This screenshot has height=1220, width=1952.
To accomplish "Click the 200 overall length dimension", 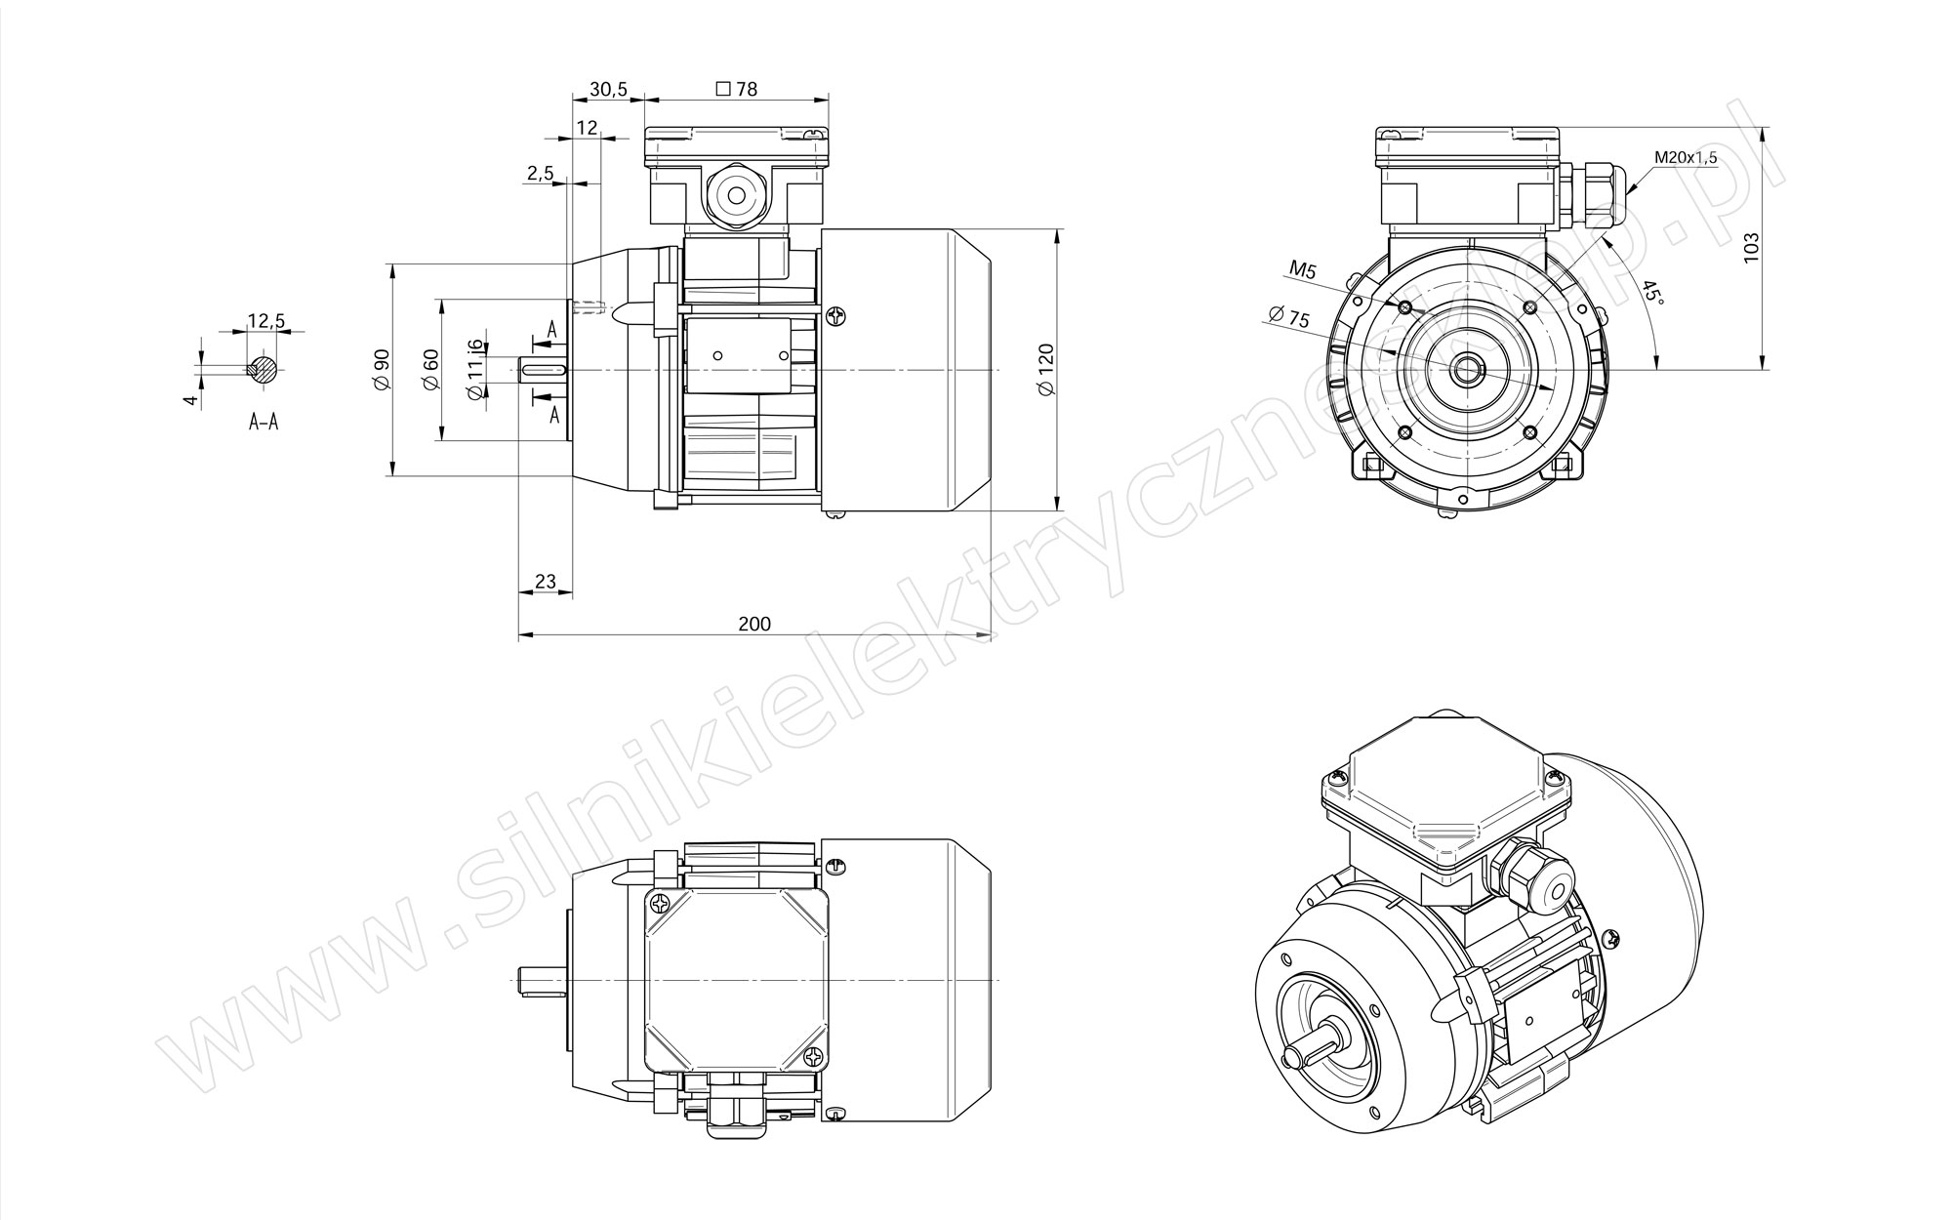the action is (x=754, y=624).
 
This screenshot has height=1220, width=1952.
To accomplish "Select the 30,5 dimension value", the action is (x=608, y=89).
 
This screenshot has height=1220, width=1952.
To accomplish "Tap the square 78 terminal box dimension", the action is (x=737, y=89).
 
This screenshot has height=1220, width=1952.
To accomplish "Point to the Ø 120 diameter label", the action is (x=1046, y=369).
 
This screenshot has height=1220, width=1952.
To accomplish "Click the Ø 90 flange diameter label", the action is (x=381, y=370).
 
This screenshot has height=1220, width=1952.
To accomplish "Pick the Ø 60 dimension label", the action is (x=431, y=370).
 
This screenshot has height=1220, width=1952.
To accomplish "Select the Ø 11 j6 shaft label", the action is (x=475, y=370).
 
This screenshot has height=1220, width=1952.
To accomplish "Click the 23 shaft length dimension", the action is (x=546, y=582).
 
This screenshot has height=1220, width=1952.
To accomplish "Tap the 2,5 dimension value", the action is (x=540, y=173).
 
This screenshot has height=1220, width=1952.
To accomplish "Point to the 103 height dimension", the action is (x=1751, y=245).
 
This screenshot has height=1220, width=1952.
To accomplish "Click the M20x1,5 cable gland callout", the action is (x=1686, y=157).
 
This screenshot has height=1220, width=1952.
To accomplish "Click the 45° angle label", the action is (x=1651, y=292).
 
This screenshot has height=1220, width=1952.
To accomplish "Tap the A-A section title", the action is (x=264, y=423).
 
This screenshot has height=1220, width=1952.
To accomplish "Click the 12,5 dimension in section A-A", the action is (x=265, y=320).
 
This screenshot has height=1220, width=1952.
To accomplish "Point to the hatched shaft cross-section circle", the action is (x=263, y=369).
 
